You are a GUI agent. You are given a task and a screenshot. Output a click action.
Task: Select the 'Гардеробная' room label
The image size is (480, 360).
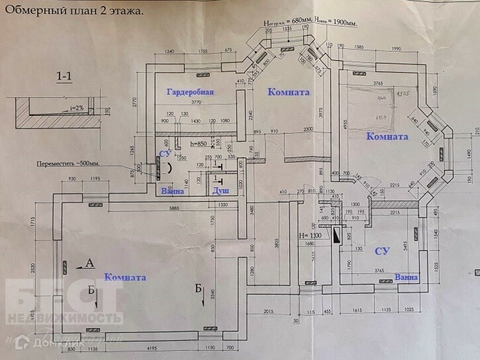point(190,92)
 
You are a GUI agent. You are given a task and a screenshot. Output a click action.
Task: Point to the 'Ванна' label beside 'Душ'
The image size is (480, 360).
point(172,191)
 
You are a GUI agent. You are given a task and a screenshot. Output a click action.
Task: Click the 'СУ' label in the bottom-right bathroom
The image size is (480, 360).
point(382,251)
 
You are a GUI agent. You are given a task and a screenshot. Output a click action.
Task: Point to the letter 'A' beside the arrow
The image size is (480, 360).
point(89,263)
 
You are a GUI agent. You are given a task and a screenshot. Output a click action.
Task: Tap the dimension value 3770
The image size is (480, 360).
point(191,103)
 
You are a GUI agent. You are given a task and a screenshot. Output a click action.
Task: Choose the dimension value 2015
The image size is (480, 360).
point(268,310)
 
